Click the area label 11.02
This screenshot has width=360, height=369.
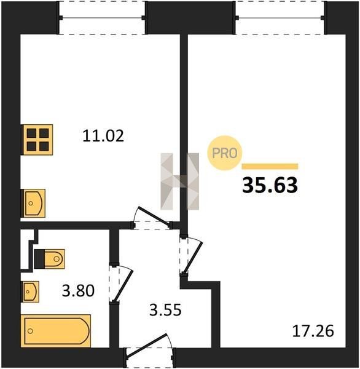pos(103,136)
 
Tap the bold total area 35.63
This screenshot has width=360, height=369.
pos(270,185)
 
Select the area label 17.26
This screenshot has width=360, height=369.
pos(313,331)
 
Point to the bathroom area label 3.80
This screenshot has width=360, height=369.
pos(78,290)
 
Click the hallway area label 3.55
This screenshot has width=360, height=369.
pos(165,310)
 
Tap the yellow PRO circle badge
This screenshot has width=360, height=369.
pos(224,153)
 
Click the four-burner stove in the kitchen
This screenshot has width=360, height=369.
pos(37,140)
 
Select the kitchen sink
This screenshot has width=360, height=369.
pos(33,204)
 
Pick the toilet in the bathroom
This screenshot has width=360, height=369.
pos(49,259)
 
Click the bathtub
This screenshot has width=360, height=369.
pos(56,331)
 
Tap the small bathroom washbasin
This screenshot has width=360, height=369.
pos(30,292)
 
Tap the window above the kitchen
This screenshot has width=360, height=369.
pos(102,18)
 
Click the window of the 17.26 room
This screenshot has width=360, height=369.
pos(280,18)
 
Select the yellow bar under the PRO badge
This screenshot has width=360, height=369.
pos(270,167)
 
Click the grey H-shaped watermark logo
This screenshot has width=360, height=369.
pos(179,181)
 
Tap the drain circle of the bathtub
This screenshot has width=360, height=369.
pos(30,331)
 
